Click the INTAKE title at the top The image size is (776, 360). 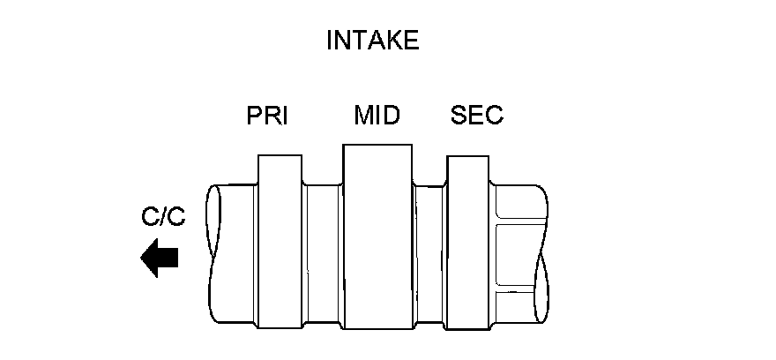tap(372, 41)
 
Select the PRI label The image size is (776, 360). tap(268, 116)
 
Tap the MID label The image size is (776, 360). tap(377, 116)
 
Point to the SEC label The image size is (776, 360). tap(476, 116)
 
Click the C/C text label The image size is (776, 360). tap(163, 217)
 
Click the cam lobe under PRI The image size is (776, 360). tap(279, 240)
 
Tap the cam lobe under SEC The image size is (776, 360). tap(469, 240)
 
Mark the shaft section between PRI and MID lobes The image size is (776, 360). tap(321, 251)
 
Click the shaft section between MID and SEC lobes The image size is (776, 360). tap(429, 251)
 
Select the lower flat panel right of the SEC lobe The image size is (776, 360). tap(515, 305)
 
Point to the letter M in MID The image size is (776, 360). tap(362, 116)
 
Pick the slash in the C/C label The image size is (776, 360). tap(163, 217)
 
